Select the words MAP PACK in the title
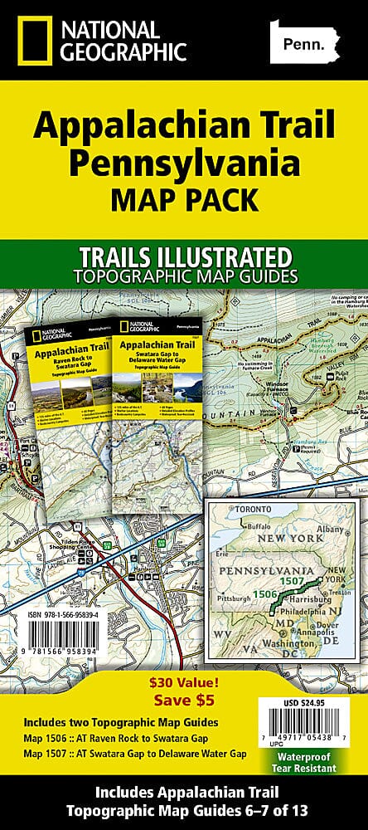184,200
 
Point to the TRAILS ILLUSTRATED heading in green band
184,255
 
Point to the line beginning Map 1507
134,753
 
